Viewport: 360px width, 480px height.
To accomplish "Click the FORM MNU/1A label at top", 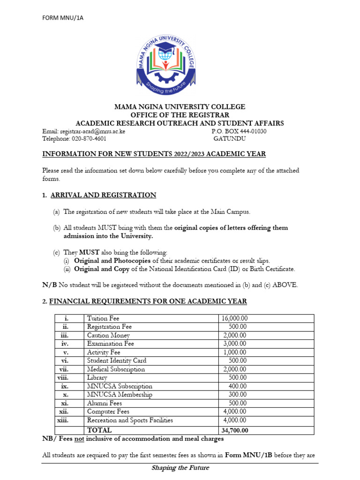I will coord(63,18).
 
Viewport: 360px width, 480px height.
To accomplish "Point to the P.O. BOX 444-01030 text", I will coord(239,131).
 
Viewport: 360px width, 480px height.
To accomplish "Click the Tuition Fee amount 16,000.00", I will coord(234,319).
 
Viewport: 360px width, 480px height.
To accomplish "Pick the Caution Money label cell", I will coord(108,336).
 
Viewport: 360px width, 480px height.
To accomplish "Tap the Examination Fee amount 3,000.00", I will coord(235,344).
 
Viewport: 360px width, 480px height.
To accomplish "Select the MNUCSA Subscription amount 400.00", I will coord(237,386).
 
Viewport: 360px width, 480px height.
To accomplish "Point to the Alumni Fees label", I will coord(105,403).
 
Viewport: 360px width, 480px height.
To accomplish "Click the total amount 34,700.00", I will coord(234,430).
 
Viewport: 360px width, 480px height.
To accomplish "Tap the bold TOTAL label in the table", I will coord(99,430).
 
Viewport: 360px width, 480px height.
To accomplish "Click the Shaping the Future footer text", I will coord(180,468).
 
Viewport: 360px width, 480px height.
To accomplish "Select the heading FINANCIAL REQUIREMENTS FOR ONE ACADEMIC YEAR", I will coord(148,301).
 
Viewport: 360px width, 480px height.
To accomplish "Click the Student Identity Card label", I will coord(117,361).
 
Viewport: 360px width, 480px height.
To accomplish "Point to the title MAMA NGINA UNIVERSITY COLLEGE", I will coord(180,107).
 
